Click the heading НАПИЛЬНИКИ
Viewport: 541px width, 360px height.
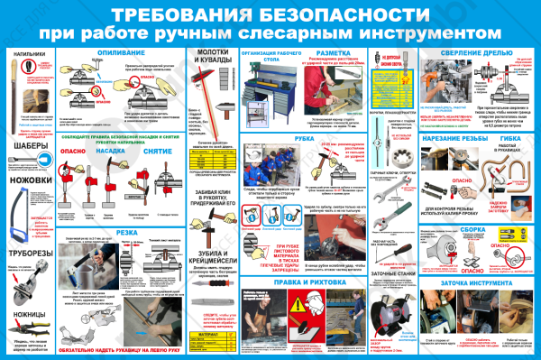pos(29,54)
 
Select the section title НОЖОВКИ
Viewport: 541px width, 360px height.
pos(29,180)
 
